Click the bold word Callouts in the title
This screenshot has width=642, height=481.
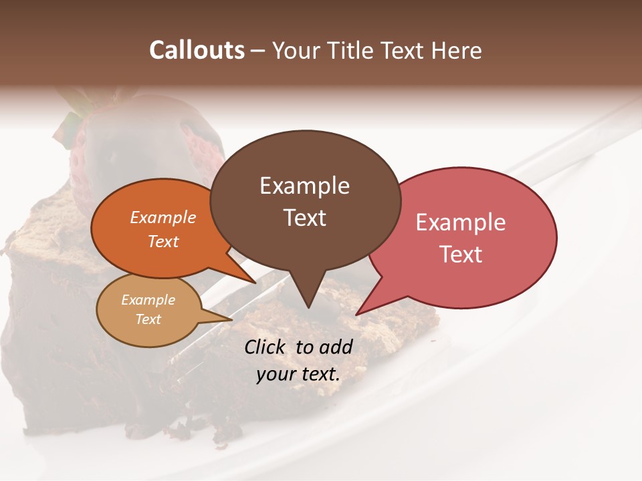(197, 51)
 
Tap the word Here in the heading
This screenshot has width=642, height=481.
(456, 51)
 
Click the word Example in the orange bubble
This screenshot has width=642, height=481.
(163, 218)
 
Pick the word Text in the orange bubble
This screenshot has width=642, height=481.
(163, 242)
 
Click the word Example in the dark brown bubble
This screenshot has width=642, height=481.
(304, 186)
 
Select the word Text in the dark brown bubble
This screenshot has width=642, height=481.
(304, 218)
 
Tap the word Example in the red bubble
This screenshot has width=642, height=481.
(461, 222)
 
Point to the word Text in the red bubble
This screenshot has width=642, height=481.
(461, 255)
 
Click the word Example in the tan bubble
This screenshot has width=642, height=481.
(148, 300)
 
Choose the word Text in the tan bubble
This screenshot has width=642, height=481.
(148, 319)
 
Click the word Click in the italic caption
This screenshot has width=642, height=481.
(267, 347)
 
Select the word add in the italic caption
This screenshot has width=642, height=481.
(336, 347)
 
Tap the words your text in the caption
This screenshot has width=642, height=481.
(298, 374)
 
